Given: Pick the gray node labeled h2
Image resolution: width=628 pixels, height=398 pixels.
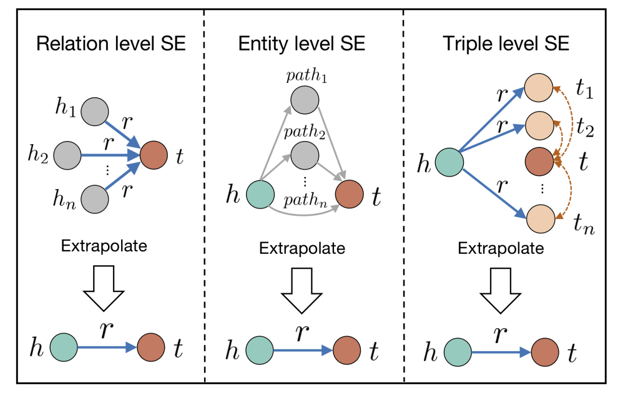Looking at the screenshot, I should tap(67, 153).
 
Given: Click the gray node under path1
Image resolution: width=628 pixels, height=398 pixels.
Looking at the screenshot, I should tap(305, 99).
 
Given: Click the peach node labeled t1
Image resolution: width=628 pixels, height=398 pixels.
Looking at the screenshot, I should tap(539, 87).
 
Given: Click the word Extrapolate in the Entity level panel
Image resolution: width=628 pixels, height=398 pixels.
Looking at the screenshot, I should tap(302, 248).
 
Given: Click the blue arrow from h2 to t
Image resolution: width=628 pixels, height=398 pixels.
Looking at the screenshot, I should tap(109, 153).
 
